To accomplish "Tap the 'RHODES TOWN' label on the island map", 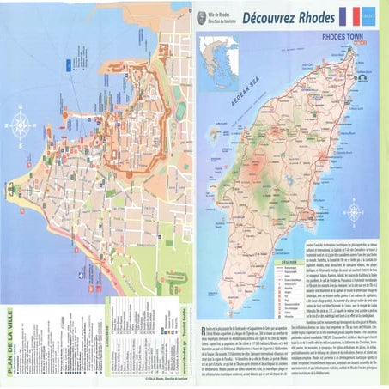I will [344, 39].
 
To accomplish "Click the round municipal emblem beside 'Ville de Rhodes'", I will [203, 16].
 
